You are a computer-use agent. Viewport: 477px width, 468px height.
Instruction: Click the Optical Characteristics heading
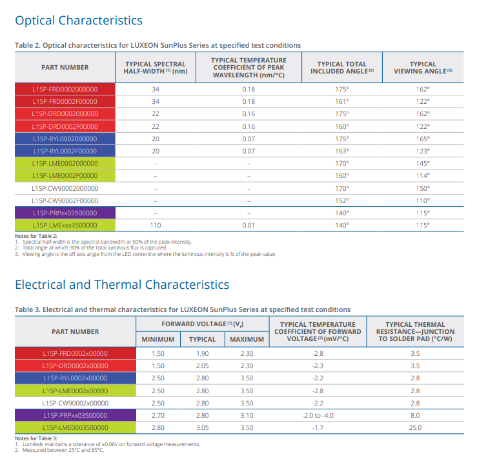[78, 21]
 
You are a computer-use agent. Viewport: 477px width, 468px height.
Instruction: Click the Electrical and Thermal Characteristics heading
[121, 284]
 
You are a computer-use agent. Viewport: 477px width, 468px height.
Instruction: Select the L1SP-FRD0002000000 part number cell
[65, 90]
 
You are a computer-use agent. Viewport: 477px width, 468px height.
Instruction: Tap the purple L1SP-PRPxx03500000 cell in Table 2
[65, 213]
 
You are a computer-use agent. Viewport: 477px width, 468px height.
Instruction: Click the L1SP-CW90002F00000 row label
[65, 201]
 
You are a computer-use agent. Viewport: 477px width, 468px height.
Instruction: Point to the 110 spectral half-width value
[155, 226]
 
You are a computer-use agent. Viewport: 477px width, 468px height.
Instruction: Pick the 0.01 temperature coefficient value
[249, 226]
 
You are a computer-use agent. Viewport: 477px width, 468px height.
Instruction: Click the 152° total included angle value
[342, 201]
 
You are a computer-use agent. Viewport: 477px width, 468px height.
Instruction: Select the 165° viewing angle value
[423, 139]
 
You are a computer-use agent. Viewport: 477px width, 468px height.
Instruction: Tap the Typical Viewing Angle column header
[423, 67]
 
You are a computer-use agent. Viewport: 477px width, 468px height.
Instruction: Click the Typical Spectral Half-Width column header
[155, 67]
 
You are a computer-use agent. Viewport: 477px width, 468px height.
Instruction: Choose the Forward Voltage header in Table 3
[201, 324]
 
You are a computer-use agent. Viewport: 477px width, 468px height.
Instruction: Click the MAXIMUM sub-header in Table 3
[247, 340]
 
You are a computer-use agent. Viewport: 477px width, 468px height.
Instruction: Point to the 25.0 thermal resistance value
[415, 427]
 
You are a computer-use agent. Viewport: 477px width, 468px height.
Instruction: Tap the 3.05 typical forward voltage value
[201, 427]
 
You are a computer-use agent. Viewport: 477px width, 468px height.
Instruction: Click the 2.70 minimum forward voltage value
[158, 415]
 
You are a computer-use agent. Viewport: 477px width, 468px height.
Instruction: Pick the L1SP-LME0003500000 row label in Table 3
[75, 427]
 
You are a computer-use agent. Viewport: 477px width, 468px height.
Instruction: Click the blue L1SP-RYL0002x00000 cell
[75, 378]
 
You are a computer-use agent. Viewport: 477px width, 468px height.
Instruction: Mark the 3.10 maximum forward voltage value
[247, 415]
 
